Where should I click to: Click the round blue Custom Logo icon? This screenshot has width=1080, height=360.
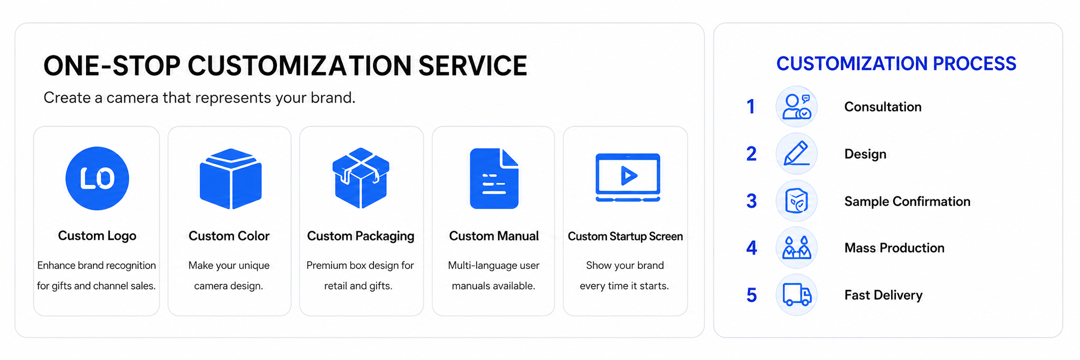(97, 179)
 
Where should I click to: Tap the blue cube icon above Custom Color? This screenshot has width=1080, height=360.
(230, 179)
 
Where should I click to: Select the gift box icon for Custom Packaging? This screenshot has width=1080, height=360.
(361, 178)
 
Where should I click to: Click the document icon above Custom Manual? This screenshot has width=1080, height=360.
(494, 179)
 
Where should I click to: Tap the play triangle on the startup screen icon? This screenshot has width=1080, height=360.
(629, 175)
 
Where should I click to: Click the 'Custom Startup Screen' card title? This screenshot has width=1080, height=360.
(626, 236)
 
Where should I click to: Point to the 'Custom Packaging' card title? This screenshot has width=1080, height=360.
(360, 236)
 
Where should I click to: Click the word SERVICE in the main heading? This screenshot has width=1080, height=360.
(472, 66)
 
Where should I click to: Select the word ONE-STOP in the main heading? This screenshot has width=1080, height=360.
(112, 66)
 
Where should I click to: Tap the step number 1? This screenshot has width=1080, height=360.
(751, 107)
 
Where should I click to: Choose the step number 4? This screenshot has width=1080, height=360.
(751, 248)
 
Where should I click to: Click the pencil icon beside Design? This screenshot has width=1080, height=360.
(797, 153)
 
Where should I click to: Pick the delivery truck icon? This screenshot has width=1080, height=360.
(797, 294)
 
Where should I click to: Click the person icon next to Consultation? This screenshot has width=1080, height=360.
(797, 106)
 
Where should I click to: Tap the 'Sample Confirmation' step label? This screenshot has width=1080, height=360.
(907, 201)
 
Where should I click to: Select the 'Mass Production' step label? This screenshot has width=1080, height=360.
(895, 248)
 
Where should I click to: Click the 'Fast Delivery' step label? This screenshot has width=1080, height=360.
(884, 295)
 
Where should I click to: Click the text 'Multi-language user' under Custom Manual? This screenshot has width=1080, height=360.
(494, 266)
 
